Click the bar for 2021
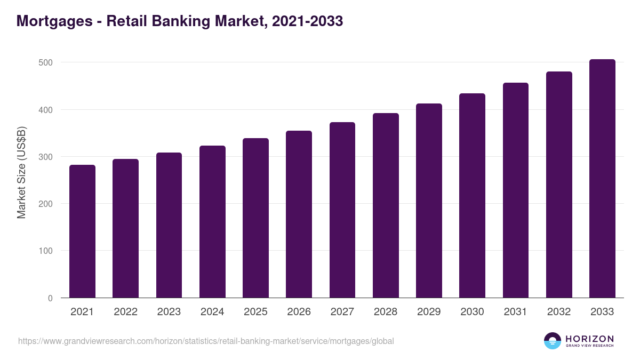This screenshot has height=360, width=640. [82, 231]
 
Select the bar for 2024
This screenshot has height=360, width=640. [212, 222]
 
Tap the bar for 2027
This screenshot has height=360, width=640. [342, 210]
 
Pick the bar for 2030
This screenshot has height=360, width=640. [472, 196]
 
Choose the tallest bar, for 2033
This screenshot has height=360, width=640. [602, 179]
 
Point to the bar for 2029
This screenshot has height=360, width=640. [429, 201]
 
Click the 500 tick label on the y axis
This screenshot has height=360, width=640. [45, 62]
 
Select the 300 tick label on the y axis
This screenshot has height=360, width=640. [45, 157]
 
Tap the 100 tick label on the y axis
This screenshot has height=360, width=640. [45, 251]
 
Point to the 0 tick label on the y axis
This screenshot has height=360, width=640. [50, 298]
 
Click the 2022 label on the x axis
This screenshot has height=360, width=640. [125, 312]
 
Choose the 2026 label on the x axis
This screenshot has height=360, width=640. [299, 312]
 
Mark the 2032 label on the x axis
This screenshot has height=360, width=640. [559, 312]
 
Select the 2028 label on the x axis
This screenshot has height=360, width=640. [386, 312]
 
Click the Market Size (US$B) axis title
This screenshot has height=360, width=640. [22, 172]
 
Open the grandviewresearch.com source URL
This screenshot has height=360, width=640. [206, 341]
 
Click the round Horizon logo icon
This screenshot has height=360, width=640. [553, 341]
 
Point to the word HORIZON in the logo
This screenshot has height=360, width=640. [589, 339]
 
